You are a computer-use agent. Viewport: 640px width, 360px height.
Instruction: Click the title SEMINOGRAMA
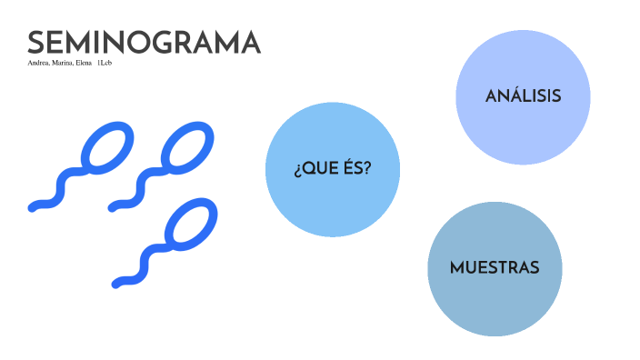tap(144, 43)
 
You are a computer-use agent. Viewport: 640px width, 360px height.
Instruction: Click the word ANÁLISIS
tap(523, 96)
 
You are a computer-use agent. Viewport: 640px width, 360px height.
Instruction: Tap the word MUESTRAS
tap(495, 268)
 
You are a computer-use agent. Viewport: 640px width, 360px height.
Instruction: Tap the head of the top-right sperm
tap(187, 145)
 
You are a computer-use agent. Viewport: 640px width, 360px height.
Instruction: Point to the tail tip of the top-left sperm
tap(34, 207)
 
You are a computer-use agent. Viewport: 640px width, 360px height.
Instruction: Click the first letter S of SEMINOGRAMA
tap(37, 43)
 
